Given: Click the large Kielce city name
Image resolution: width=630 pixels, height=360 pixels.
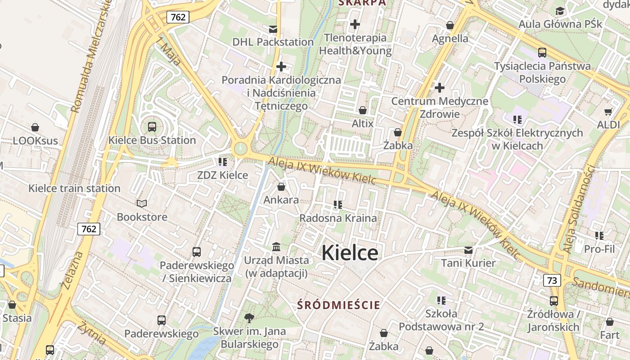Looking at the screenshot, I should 350,253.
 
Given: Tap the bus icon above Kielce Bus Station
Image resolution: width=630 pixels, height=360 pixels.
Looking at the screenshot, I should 152,127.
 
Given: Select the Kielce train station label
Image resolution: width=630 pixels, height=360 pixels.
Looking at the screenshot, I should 74,188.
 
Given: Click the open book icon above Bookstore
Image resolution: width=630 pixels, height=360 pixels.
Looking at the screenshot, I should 142,204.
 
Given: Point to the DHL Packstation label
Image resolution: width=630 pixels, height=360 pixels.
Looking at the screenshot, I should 273,42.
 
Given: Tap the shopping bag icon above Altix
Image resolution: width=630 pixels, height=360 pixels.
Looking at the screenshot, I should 362,110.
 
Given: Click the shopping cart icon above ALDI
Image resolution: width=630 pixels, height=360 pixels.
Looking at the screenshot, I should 608,112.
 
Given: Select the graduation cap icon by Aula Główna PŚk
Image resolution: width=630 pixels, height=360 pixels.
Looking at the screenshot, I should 560,11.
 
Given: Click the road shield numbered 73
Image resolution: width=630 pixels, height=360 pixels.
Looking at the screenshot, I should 552,280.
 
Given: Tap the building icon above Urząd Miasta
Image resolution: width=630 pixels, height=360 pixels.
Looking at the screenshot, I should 276,247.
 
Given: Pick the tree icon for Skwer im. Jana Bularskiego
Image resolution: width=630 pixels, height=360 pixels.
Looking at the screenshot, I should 249,318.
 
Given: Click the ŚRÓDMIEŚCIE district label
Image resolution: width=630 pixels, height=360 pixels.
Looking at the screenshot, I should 338,305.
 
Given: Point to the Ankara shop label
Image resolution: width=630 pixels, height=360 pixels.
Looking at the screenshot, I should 281,200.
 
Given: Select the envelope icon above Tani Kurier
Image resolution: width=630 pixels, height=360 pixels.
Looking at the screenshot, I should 468,250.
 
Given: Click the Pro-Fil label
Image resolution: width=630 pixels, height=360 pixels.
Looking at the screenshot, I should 599,248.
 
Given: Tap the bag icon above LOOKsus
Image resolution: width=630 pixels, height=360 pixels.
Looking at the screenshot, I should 35,128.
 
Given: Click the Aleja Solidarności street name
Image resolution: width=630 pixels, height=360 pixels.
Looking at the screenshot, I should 579,210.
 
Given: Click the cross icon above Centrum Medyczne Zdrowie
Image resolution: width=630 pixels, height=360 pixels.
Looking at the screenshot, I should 439,88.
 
